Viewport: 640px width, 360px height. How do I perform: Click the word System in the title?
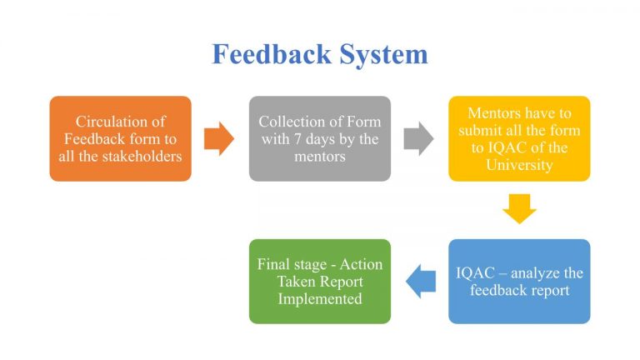(x=383, y=55)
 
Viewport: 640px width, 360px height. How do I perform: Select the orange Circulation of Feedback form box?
(x=121, y=138)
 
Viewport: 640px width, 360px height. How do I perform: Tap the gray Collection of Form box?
(x=319, y=138)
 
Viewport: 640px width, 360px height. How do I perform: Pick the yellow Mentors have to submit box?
(x=518, y=138)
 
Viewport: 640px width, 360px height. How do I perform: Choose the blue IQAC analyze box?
(x=518, y=281)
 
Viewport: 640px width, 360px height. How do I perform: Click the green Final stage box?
(x=319, y=281)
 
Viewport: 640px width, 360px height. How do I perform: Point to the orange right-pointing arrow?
(x=219, y=138)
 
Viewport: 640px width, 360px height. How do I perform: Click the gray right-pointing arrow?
(x=418, y=138)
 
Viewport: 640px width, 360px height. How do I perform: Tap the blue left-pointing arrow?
(x=420, y=281)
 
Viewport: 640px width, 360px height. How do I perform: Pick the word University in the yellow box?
(x=519, y=165)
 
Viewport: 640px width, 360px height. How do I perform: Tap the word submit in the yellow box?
(x=488, y=130)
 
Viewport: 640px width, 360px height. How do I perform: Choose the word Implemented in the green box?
(x=320, y=298)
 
